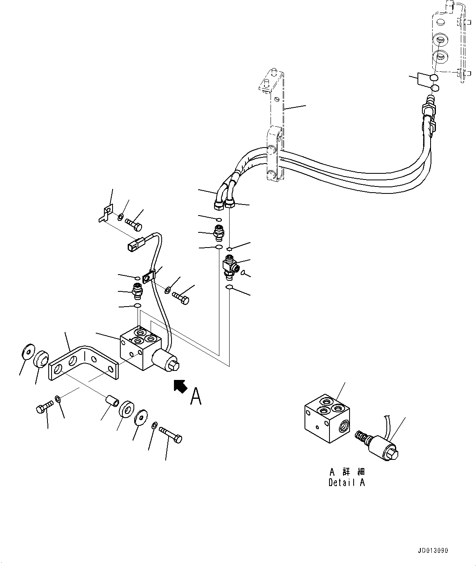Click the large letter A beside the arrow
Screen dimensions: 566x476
[196, 396]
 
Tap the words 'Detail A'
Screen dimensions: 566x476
[346, 483]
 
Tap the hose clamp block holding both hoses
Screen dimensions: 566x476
[274, 155]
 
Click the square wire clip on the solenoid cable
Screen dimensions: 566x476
[149, 277]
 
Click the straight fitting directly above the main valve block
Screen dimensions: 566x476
[137, 291]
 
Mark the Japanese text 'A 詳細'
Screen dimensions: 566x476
[346, 472]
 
